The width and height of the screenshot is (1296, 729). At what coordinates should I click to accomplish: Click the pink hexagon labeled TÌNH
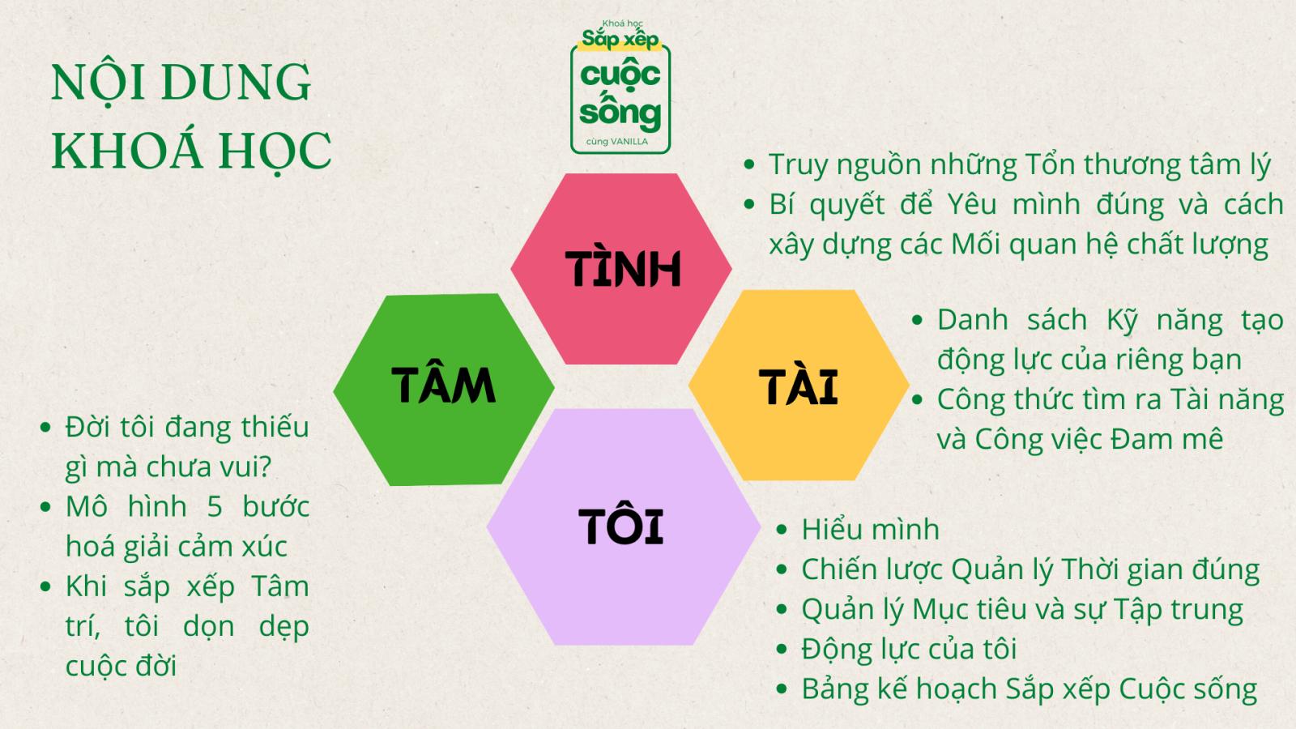click(620, 269)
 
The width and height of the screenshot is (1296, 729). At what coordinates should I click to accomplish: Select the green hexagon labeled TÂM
click(444, 390)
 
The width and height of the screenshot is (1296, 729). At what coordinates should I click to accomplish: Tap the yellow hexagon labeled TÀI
click(799, 386)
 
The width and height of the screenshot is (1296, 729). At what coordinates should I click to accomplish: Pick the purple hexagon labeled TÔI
click(623, 527)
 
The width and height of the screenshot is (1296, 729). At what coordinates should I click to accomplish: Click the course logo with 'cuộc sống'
click(620, 87)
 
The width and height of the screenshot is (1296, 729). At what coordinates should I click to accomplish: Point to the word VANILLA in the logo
click(629, 142)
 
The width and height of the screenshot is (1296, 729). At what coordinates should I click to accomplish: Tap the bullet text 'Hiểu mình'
click(870, 530)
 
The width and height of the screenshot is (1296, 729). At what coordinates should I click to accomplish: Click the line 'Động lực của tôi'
click(908, 649)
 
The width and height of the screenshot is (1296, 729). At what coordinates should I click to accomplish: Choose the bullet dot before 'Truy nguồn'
click(749, 165)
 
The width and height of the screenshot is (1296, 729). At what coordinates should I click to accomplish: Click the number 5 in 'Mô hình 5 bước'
click(215, 507)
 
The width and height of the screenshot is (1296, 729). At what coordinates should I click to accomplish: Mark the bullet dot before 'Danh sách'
click(917, 320)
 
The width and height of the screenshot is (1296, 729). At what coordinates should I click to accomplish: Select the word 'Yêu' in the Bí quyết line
click(972, 204)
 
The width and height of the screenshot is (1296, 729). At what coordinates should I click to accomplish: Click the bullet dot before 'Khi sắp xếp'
click(45, 587)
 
